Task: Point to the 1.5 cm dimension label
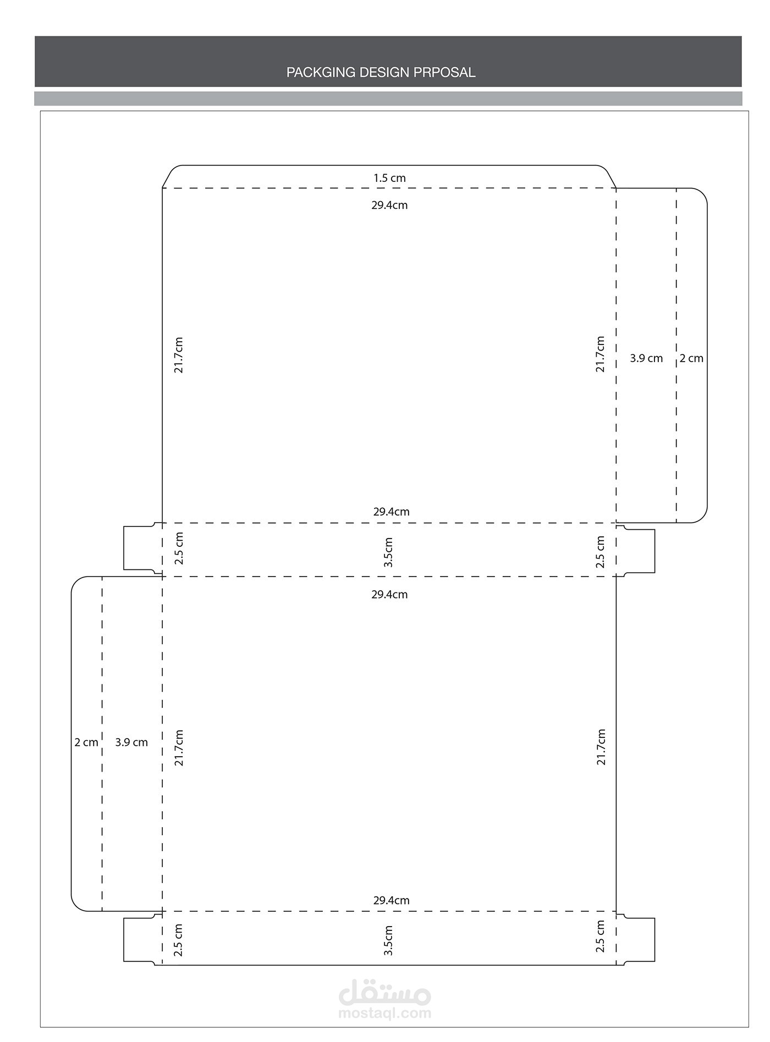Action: point(389,178)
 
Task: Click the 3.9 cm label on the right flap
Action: point(646,358)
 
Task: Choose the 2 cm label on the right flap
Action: point(691,358)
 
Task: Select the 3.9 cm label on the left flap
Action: point(131,742)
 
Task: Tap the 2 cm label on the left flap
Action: point(86,742)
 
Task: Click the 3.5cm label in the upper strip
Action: point(388,552)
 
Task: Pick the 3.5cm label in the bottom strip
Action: point(388,940)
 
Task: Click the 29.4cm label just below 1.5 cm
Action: point(389,206)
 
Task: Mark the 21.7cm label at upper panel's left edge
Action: point(178,356)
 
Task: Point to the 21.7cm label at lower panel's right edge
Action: point(601,747)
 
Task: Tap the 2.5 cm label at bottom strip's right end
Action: point(601,937)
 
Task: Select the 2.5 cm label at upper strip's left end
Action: point(179,548)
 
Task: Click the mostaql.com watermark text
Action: point(385,1012)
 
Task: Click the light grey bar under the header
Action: point(388,99)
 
